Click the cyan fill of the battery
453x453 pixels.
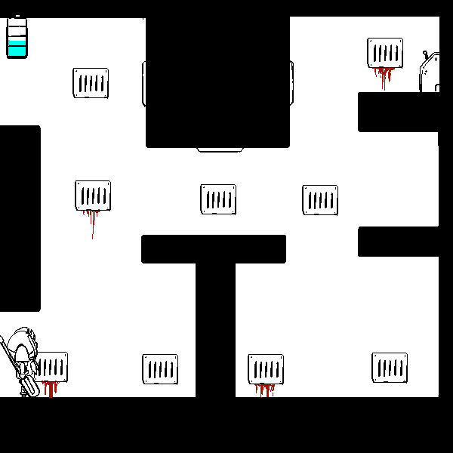click(17, 49)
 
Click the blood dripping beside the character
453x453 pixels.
click(51, 389)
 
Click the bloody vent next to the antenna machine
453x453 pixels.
click(385, 53)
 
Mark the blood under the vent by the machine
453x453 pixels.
click(384, 75)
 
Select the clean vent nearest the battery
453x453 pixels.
click(91, 83)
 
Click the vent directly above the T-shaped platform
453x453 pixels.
click(218, 199)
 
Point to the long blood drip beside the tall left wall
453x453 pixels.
click(92, 223)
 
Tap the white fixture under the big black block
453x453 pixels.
click(220, 149)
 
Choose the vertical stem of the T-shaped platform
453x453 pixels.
click(215, 328)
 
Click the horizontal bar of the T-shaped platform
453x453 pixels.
click(214, 248)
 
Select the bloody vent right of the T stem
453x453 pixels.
click(266, 368)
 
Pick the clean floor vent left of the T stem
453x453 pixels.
click(160, 369)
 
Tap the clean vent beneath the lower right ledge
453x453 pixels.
click(390, 368)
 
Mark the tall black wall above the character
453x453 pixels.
click(20, 219)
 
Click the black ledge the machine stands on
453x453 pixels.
click(400, 112)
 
